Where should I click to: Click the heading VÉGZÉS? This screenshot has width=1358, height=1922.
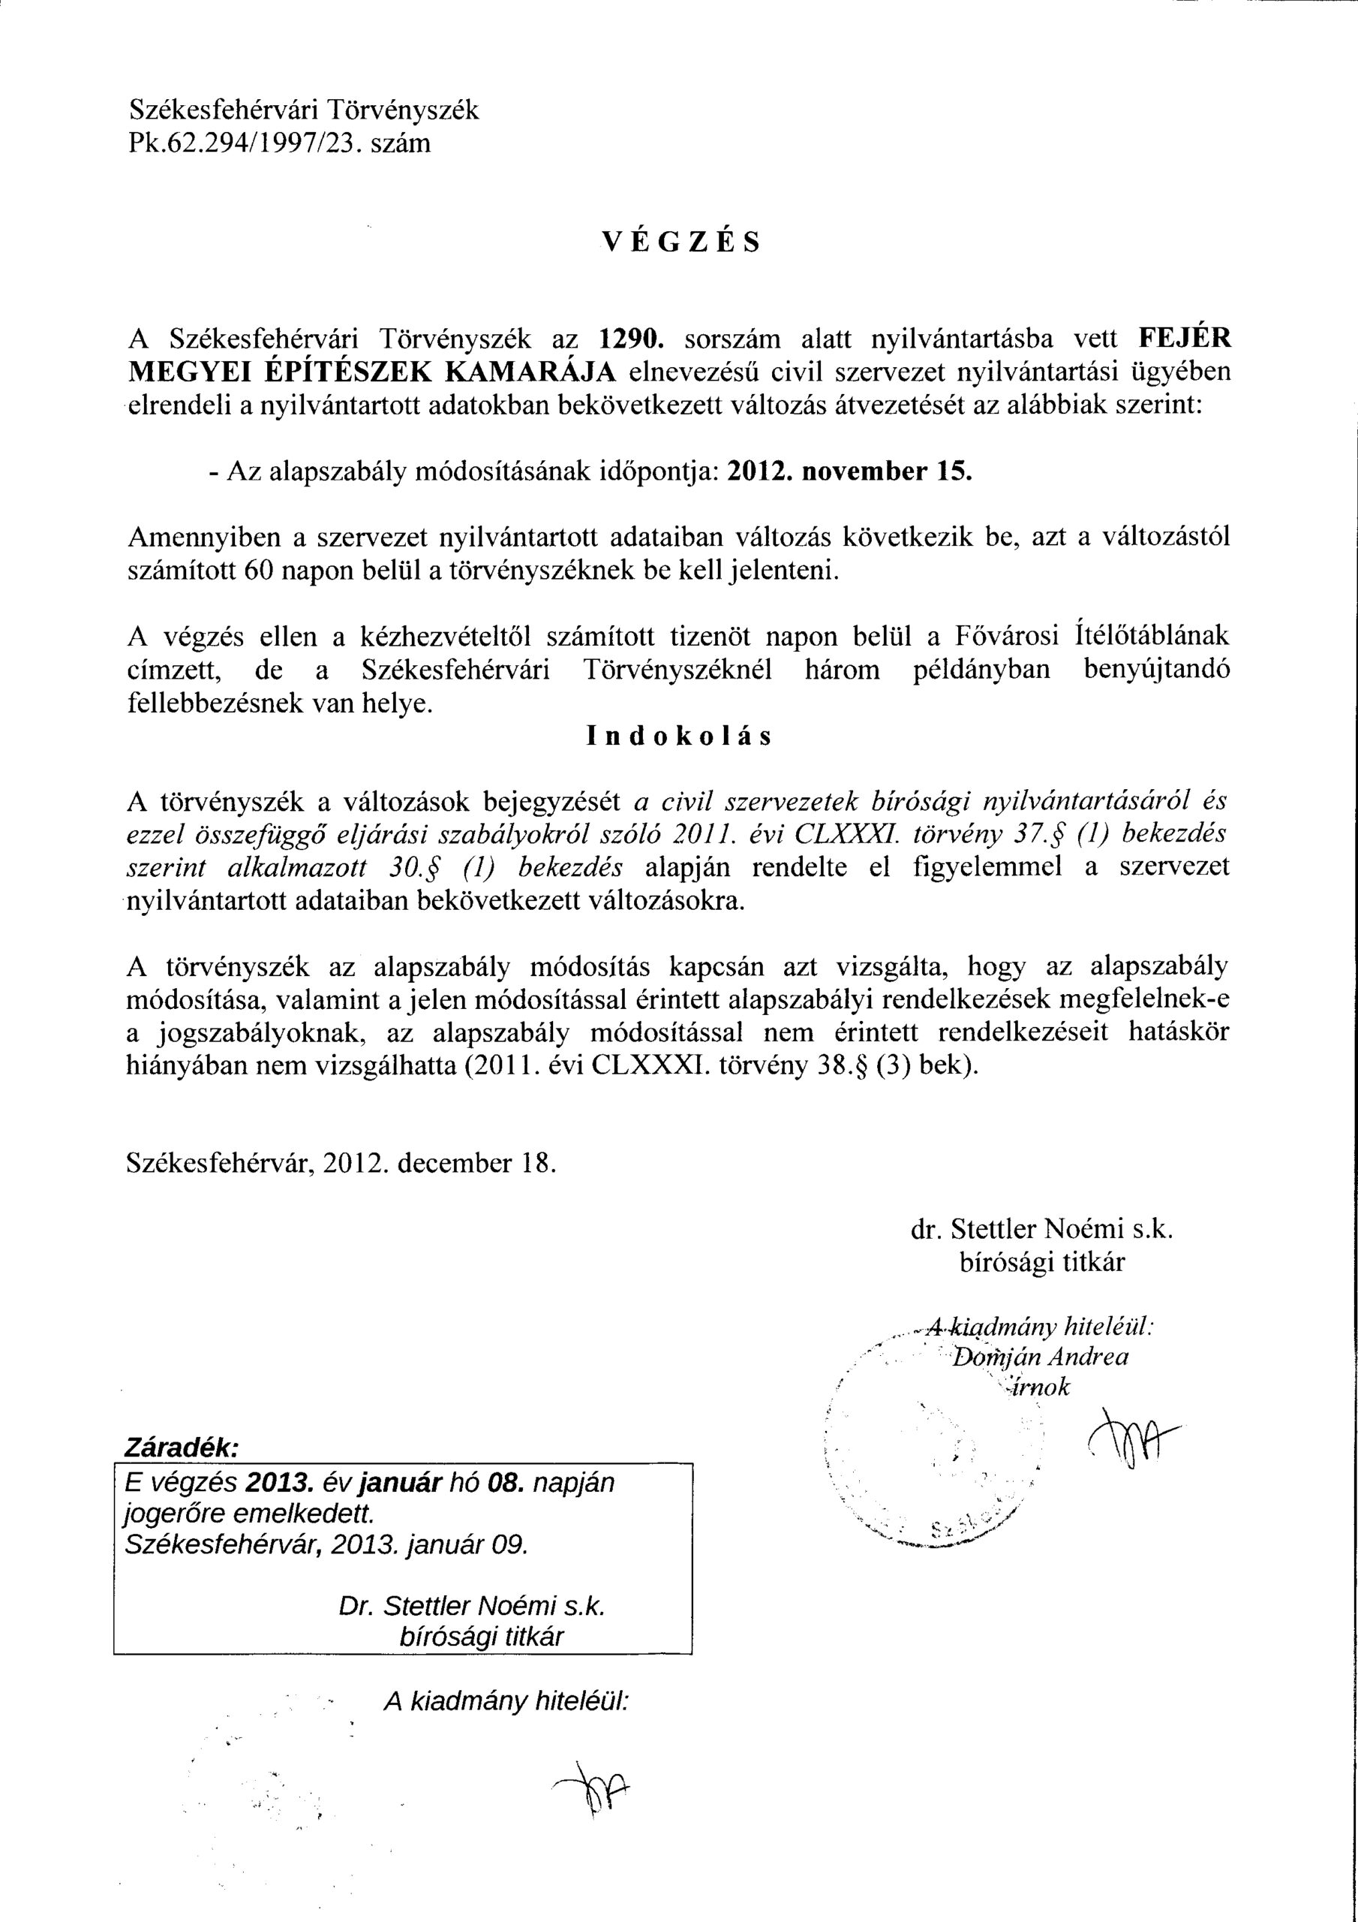(x=681, y=241)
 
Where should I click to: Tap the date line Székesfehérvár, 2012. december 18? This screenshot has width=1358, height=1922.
(x=341, y=1164)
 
